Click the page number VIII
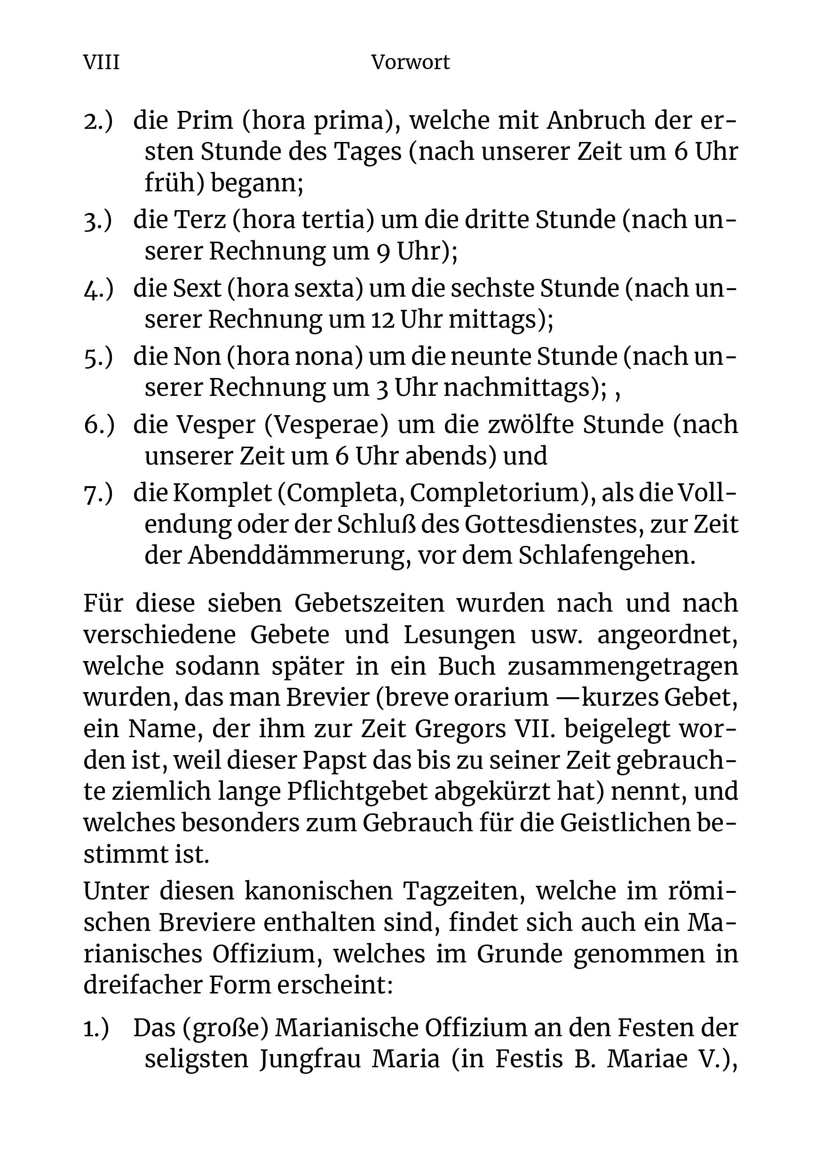coord(101,63)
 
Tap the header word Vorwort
coord(410,63)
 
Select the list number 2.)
coord(97,121)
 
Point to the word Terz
coord(200,220)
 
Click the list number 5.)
coord(97,357)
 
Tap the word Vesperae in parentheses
coord(326,425)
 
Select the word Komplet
coord(222,493)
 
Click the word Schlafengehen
coord(607,556)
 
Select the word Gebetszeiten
coord(369,604)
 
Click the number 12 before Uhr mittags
coord(383,320)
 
